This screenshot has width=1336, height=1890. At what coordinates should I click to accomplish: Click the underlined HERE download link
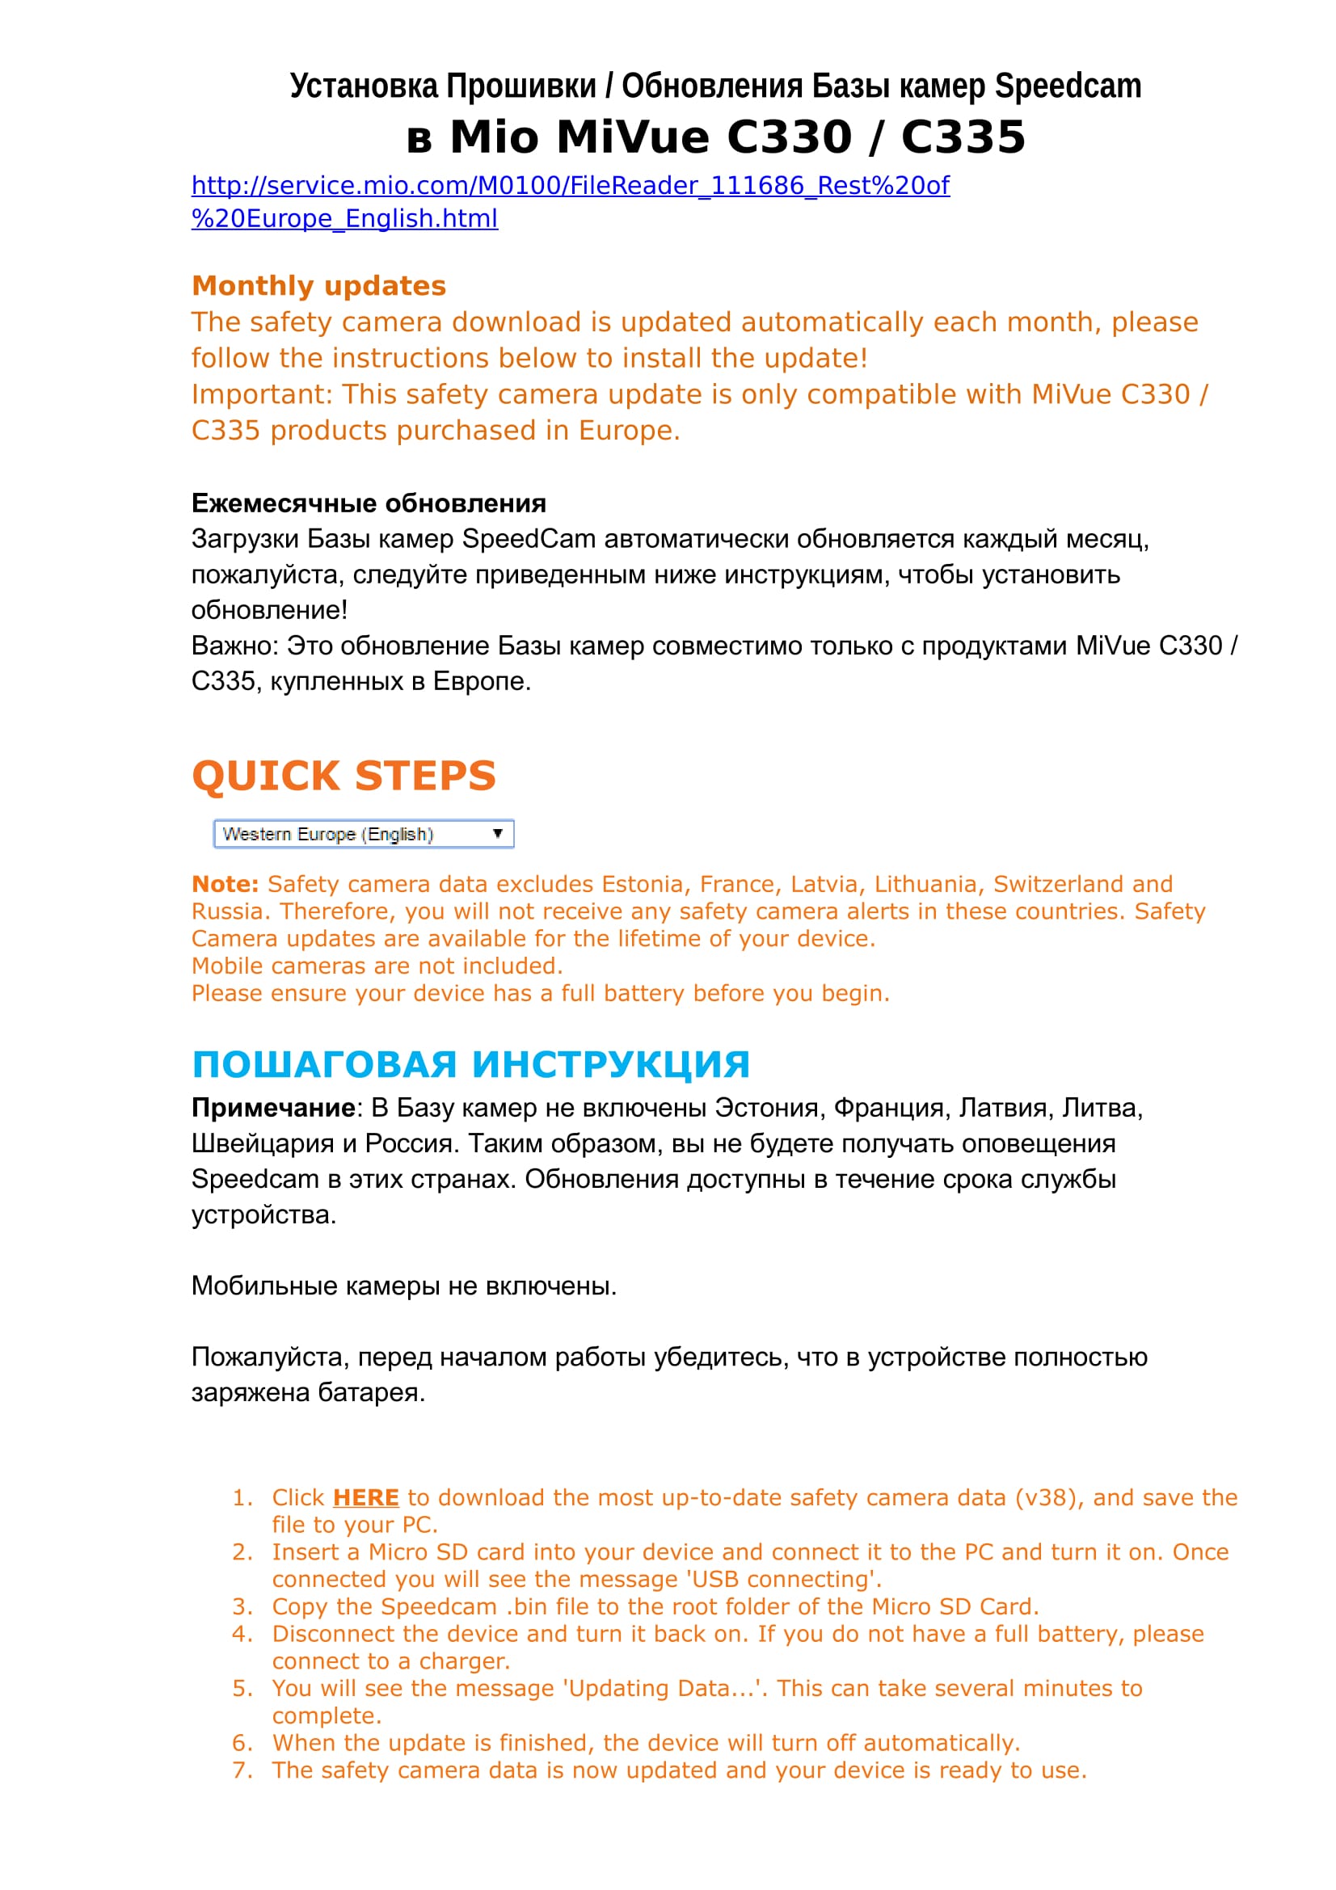tap(365, 1497)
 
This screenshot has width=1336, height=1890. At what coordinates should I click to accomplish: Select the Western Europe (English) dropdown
tap(363, 834)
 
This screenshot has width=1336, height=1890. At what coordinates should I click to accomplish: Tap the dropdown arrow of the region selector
tap(497, 834)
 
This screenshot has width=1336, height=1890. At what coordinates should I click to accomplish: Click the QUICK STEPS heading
tap(343, 777)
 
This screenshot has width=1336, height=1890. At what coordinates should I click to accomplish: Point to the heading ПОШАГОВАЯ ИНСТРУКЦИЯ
tap(470, 1064)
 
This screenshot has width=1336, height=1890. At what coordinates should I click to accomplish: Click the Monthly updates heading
tap(318, 285)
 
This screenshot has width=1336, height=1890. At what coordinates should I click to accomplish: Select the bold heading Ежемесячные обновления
tap(369, 503)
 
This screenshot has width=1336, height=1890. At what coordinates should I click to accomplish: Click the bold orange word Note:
tap(225, 884)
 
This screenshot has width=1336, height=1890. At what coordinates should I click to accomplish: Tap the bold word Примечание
tap(273, 1108)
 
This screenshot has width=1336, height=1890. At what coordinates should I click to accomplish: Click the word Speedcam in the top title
tap(1068, 86)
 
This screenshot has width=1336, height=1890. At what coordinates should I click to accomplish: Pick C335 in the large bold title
tap(963, 137)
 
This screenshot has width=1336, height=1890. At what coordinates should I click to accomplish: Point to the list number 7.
tap(242, 1770)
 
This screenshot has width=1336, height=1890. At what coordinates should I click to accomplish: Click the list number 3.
tap(242, 1607)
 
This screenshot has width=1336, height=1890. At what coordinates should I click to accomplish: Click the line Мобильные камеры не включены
tap(403, 1286)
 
